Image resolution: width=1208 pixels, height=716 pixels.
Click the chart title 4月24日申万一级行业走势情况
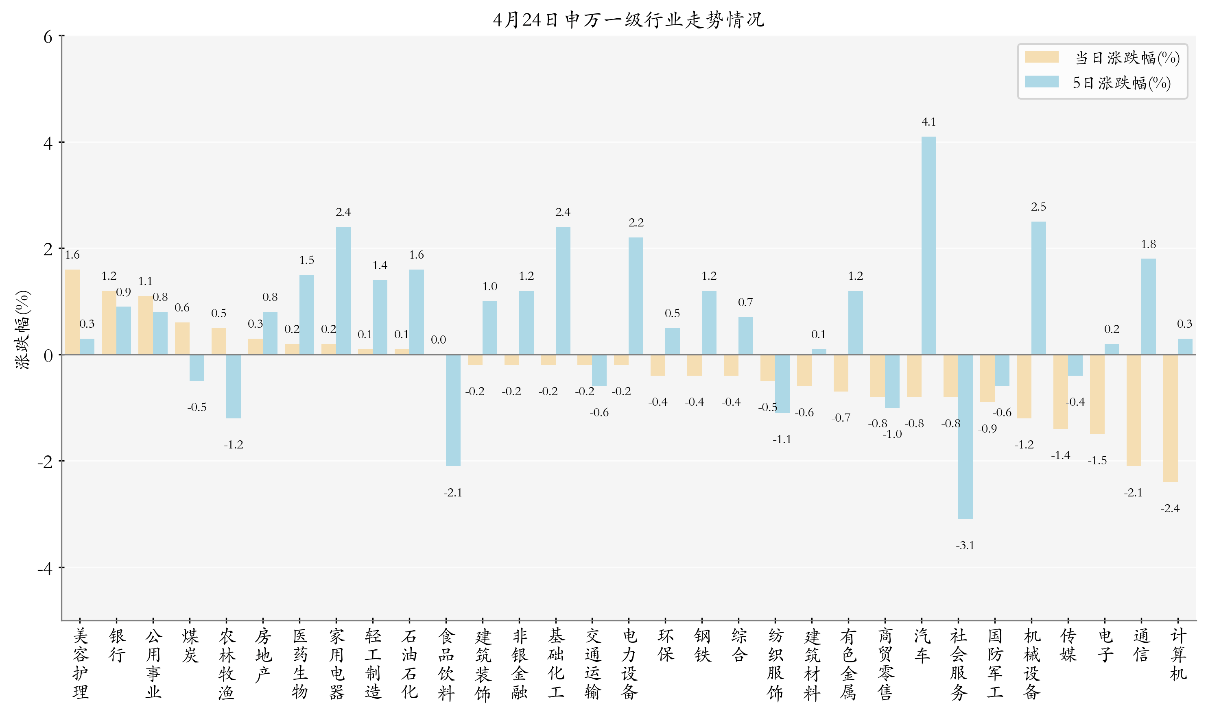point(628,20)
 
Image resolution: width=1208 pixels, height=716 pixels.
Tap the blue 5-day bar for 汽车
point(928,246)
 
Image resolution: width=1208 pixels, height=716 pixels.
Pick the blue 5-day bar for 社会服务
point(965,437)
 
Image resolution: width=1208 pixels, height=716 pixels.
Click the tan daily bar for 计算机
point(1170,418)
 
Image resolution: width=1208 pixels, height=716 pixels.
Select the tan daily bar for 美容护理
point(72,312)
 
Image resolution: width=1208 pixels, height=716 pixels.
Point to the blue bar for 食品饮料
point(453,410)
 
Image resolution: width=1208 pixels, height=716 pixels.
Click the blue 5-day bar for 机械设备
point(1038,288)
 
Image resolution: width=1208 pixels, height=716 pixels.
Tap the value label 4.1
point(928,122)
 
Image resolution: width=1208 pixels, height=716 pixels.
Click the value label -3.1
point(965,546)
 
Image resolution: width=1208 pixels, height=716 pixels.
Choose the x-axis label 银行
point(117,645)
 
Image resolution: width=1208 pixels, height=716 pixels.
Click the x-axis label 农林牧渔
point(227,664)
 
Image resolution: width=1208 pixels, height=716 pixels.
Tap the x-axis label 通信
point(1141,645)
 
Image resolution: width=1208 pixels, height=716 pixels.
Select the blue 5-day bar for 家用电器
point(343,290)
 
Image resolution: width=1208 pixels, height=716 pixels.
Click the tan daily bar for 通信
point(1134,410)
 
